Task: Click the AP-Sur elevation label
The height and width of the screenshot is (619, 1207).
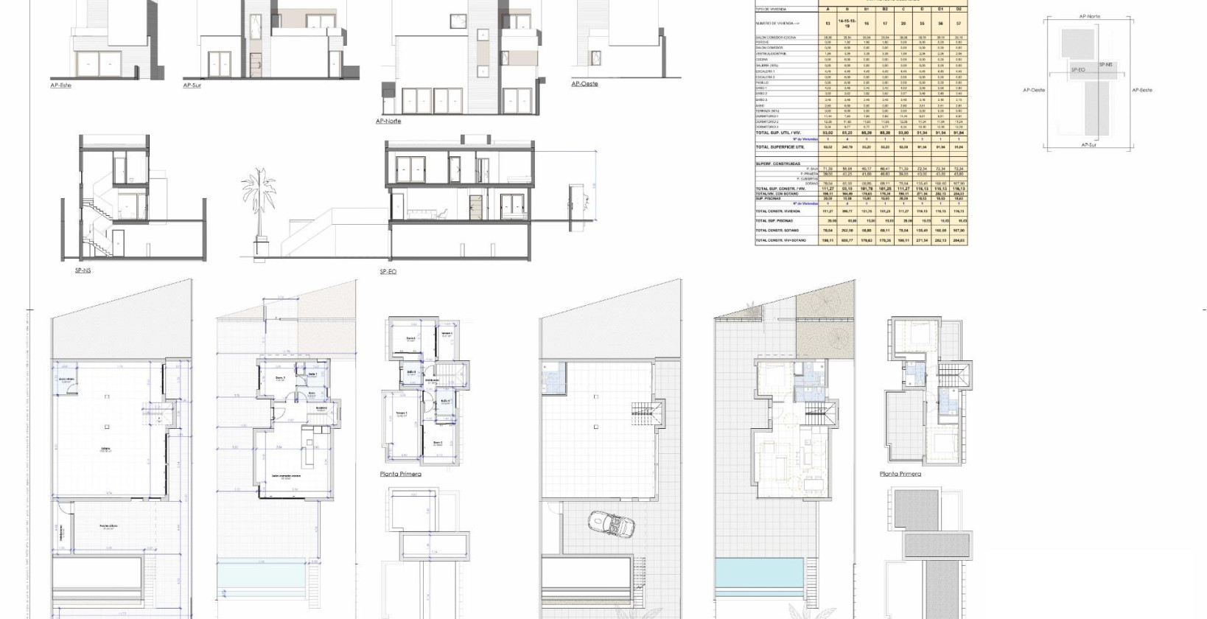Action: point(192,85)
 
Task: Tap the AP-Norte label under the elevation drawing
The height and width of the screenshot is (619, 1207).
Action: point(388,121)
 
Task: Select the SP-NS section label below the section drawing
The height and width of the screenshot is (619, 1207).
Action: point(83,270)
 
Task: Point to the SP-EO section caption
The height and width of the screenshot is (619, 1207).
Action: point(388,272)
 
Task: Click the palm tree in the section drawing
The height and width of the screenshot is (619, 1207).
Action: point(259,206)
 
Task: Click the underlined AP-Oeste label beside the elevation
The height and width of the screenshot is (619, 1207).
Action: point(584,84)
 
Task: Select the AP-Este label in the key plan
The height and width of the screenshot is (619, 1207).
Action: point(1141,90)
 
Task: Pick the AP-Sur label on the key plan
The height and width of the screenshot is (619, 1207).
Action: point(1088,145)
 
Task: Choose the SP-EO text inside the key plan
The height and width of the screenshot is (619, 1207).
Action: point(1077,69)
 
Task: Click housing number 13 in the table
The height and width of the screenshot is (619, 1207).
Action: point(828,24)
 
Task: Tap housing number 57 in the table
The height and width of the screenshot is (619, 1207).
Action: point(959,24)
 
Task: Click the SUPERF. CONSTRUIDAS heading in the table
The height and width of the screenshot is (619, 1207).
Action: point(777,164)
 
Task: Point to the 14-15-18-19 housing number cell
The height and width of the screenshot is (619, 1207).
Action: point(847,24)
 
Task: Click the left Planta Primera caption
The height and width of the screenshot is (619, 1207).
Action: point(401,474)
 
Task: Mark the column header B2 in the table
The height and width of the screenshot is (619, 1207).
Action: point(885,10)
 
